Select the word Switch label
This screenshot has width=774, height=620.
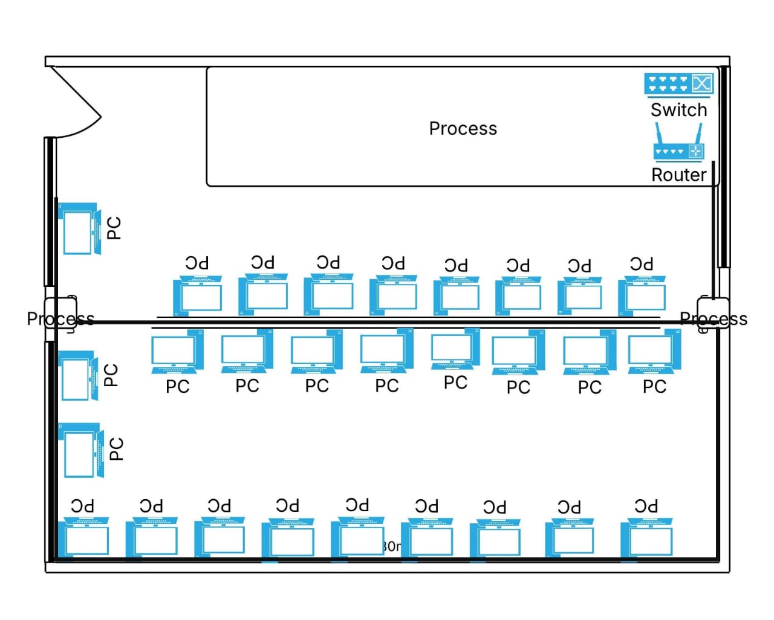pos(678,110)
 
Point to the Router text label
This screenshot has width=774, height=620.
pos(678,175)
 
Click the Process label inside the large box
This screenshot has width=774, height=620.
pos(463,128)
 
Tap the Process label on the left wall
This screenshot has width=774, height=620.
pos(60,318)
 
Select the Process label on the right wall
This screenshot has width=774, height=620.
pos(714,318)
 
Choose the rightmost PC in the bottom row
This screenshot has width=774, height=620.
pos(647,537)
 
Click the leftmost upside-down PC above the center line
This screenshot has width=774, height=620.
pos(198,295)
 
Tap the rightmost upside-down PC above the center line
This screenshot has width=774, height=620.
pos(642,294)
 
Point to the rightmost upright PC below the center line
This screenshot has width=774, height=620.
pos(654,352)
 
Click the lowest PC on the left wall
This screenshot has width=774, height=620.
pos(81,451)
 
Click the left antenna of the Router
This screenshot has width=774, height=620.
pos(659,133)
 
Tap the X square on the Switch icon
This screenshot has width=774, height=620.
pos(701,83)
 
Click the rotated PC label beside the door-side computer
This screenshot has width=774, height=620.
pos(114,228)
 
